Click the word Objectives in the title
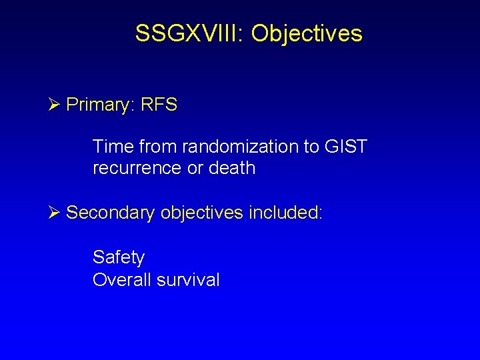(x=307, y=33)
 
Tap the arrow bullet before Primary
(x=55, y=105)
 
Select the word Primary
(x=100, y=105)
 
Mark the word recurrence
(x=137, y=168)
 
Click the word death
(x=231, y=168)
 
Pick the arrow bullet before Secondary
(x=55, y=213)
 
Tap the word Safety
(x=119, y=257)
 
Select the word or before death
(x=195, y=168)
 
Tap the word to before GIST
(x=311, y=147)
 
